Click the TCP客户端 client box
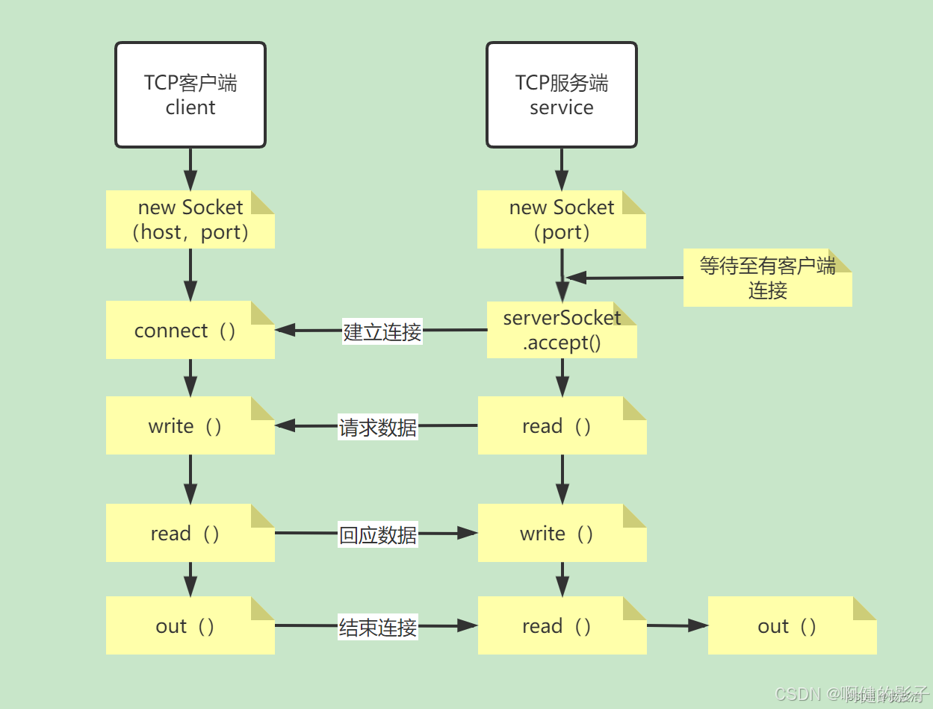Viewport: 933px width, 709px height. pos(190,95)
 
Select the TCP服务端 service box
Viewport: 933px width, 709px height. pos(562,95)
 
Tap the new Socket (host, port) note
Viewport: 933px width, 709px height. pos(190,219)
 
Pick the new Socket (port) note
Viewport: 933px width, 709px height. pos(562,219)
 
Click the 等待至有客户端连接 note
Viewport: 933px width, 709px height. pos(767,278)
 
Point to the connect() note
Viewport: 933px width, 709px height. pos(190,330)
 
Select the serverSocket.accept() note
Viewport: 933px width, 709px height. pos(562,330)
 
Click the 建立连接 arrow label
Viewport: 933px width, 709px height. pos(382,331)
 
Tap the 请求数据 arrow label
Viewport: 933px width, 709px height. pos(378,428)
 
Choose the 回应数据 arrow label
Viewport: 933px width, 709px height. pos(378,535)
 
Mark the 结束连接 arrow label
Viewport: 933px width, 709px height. pos(378,627)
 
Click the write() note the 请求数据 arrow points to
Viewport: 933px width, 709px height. pos(190,425)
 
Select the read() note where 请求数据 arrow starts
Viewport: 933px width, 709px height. pos(562,425)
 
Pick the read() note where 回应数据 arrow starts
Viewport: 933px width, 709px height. pos(190,533)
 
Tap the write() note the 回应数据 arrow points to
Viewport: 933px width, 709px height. pos(562,533)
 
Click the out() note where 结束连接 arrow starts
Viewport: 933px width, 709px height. pos(190,625)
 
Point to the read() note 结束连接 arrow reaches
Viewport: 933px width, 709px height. pos(562,625)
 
